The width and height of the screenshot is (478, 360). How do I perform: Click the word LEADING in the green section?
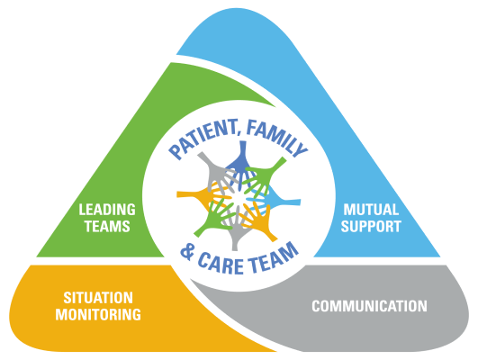(107, 210)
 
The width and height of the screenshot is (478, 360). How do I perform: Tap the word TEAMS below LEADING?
(107, 227)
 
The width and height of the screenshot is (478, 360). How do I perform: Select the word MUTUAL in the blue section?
(371, 210)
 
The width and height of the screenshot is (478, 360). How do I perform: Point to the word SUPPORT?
(371, 227)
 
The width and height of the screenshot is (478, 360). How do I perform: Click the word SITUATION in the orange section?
(98, 298)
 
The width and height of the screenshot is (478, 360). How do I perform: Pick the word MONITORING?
(98, 315)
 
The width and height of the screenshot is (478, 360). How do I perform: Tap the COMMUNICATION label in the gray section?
(369, 306)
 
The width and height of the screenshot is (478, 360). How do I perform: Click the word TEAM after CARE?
(273, 258)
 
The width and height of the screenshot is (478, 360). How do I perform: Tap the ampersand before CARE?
(187, 253)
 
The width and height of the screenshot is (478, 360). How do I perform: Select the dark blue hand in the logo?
(242, 163)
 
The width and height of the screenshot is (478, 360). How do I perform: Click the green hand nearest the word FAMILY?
(265, 175)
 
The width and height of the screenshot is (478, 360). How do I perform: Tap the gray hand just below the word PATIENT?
(216, 172)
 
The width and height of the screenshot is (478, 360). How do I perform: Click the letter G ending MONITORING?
(136, 315)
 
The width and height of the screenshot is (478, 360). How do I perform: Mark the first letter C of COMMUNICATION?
(317, 306)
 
